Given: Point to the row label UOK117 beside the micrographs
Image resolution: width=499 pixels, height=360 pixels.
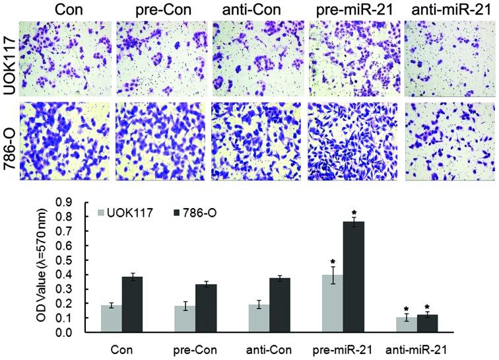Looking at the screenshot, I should click(8, 59).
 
